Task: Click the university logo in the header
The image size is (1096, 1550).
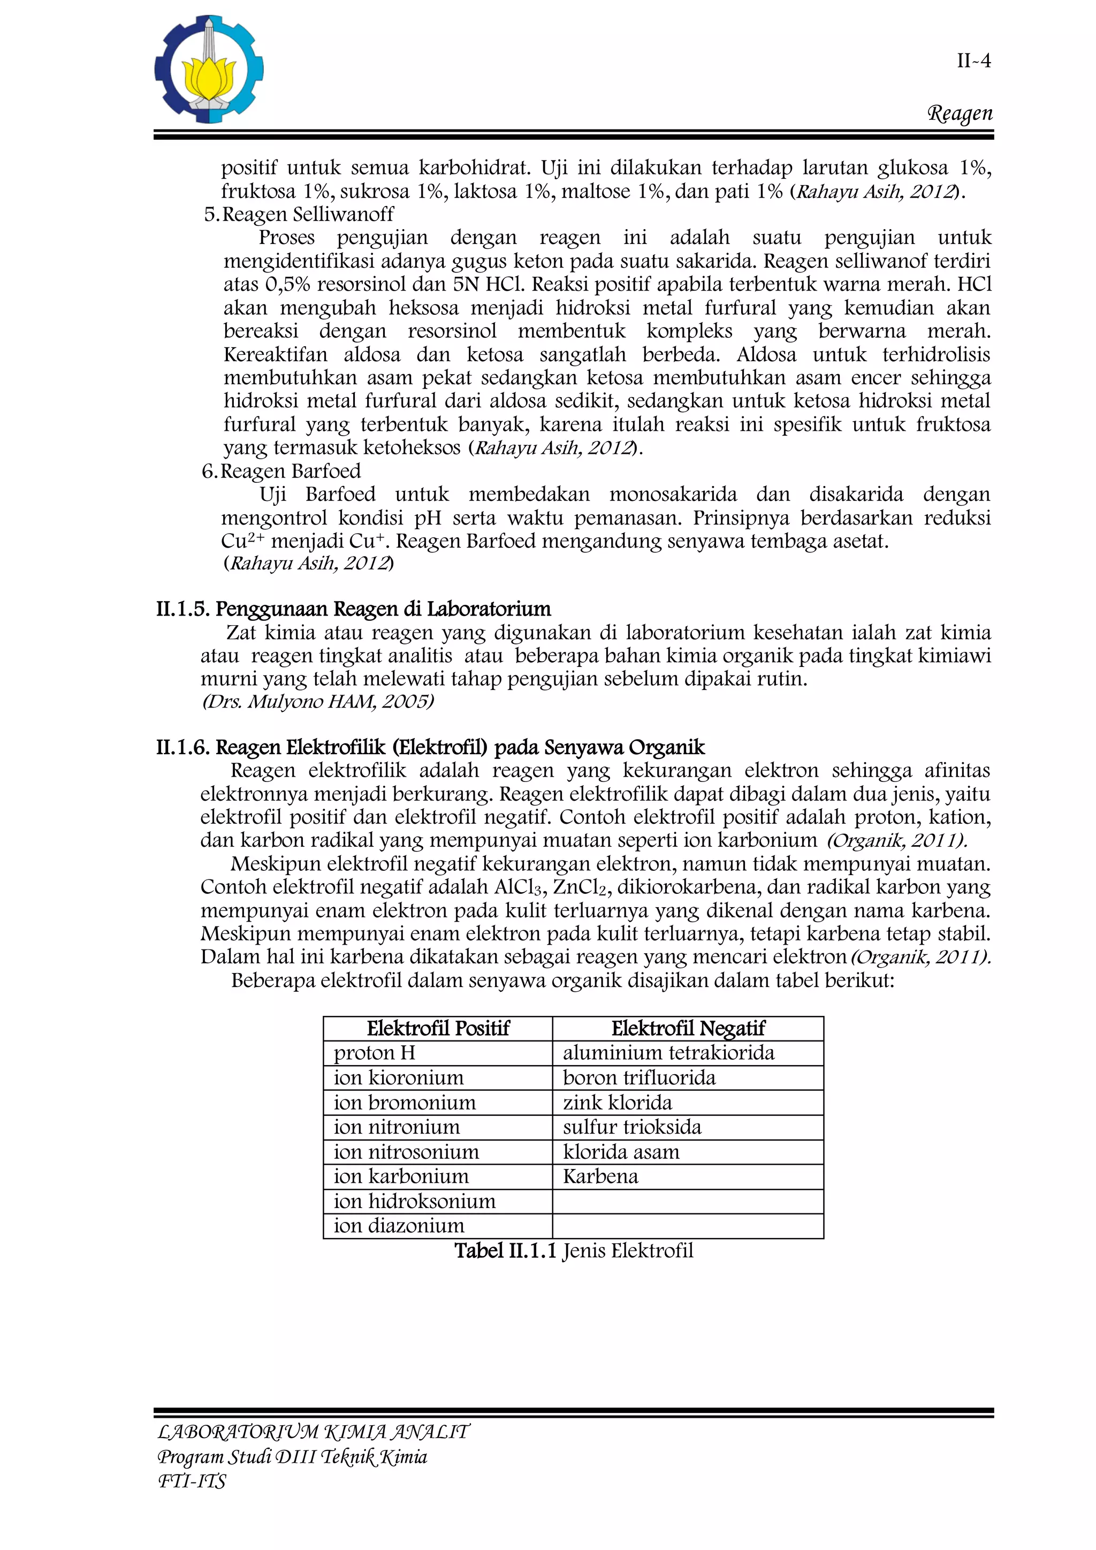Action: click(x=209, y=70)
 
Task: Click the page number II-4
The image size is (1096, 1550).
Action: click(x=973, y=61)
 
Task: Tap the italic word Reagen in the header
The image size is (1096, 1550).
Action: click(x=960, y=113)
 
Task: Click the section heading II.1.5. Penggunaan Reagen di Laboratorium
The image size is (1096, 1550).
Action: click(x=353, y=609)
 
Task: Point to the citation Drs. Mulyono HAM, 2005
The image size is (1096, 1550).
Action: click(x=318, y=702)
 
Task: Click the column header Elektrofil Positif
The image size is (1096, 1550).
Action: click(x=437, y=1028)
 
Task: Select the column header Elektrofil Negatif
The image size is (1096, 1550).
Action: click(x=688, y=1028)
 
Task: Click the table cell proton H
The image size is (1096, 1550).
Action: click(x=374, y=1053)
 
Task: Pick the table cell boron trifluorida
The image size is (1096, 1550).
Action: click(x=638, y=1077)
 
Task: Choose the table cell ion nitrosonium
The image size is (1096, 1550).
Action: click(x=406, y=1152)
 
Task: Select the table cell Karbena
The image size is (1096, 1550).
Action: click(x=600, y=1176)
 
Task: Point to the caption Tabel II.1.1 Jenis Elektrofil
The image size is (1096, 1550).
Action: click(x=573, y=1251)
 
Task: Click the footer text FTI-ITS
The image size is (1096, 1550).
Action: click(x=192, y=1480)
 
